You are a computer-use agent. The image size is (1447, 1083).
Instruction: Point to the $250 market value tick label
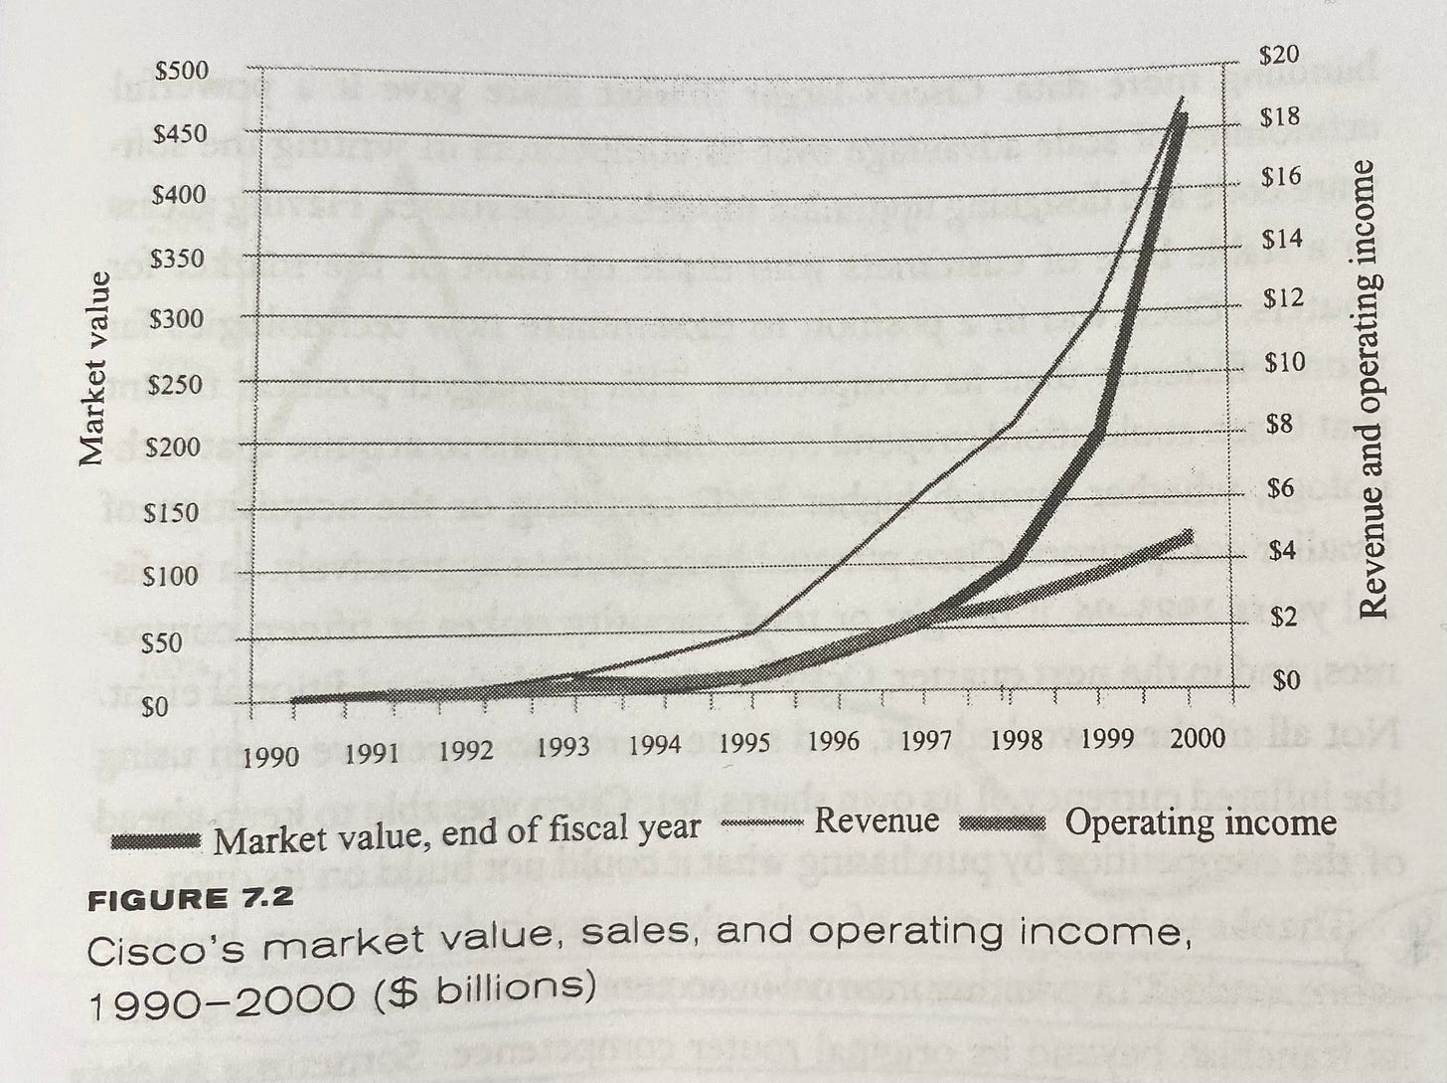click(174, 385)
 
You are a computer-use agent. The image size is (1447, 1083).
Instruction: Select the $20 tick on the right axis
click(1279, 55)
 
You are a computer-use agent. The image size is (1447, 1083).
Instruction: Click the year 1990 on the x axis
click(270, 756)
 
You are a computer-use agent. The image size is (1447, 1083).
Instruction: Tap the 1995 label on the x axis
click(745, 743)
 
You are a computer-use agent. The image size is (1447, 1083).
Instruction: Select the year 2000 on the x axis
click(1197, 737)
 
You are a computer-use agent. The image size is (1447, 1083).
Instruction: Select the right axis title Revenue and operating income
click(1373, 388)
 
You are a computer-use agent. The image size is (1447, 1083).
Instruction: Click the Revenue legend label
click(876, 820)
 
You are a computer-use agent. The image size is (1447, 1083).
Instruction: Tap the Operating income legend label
click(1201, 822)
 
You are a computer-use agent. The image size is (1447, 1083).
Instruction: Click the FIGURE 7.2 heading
click(191, 898)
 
